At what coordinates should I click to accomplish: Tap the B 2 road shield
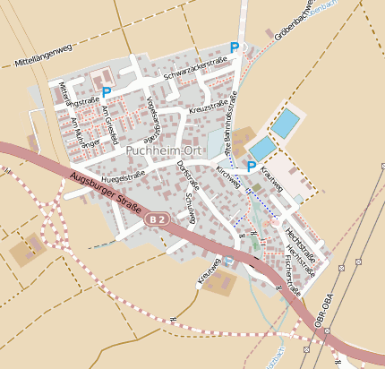(x=158, y=219)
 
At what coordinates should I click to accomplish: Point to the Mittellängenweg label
(x=43, y=56)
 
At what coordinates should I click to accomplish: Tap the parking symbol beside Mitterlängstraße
(x=107, y=92)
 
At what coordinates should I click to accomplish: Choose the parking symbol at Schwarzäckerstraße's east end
(x=235, y=47)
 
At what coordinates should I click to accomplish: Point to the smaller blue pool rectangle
(x=262, y=149)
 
